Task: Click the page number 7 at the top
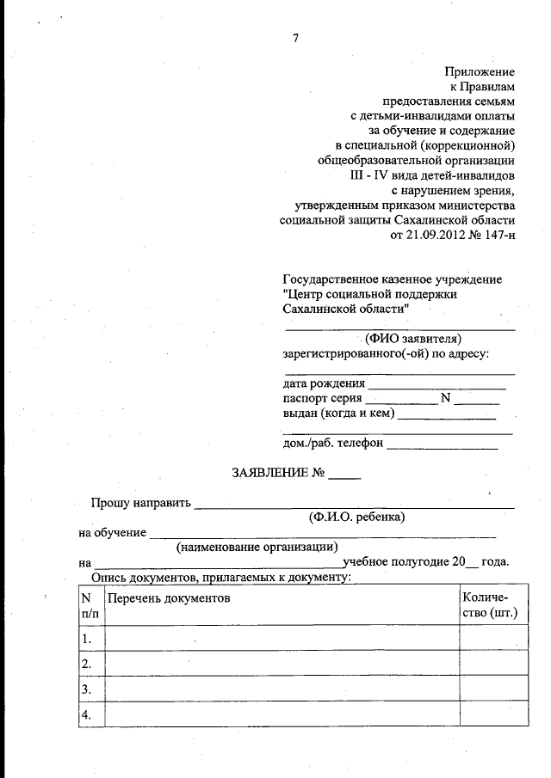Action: (295, 37)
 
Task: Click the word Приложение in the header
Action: (480, 71)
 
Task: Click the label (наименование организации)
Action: (257, 547)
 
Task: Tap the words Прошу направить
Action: (141, 503)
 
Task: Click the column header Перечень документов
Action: (169, 597)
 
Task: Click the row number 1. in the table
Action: (87, 640)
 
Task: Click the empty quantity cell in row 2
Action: (492, 664)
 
